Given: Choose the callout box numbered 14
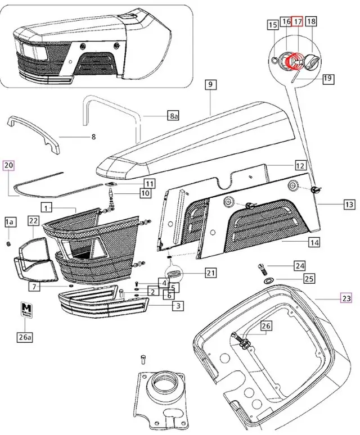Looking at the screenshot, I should [x=313, y=242].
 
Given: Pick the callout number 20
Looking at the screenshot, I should [x=8, y=165].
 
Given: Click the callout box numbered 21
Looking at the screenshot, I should [x=210, y=273].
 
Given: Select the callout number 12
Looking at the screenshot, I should [x=300, y=166].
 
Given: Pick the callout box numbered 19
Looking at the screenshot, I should [x=327, y=79].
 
